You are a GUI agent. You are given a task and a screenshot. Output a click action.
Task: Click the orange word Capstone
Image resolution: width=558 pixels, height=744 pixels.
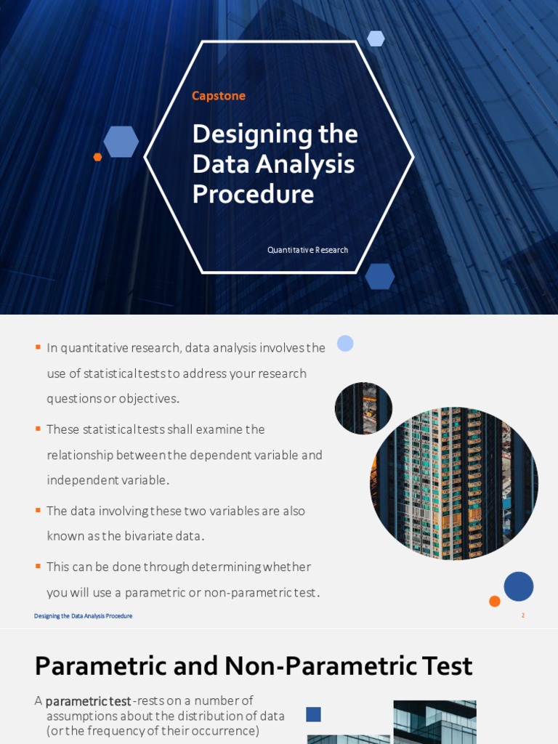click(x=218, y=96)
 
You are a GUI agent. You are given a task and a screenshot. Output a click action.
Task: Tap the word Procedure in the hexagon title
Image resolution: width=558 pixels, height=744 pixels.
click(x=253, y=194)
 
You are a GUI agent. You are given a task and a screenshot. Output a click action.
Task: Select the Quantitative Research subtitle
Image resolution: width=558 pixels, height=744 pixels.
click(x=307, y=250)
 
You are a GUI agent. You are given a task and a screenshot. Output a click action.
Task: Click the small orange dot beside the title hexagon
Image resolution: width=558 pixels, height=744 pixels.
click(x=97, y=157)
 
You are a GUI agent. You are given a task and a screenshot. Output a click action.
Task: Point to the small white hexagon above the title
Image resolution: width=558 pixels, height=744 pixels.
click(x=376, y=39)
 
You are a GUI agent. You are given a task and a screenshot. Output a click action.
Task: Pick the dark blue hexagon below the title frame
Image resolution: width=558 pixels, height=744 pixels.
click(x=379, y=276)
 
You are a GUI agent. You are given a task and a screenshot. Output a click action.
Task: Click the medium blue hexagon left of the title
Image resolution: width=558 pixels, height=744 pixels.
click(x=121, y=142)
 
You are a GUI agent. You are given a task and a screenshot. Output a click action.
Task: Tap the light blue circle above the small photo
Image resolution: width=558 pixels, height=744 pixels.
click(x=345, y=343)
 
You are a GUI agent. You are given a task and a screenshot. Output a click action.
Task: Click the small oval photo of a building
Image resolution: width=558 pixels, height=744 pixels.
click(x=363, y=408)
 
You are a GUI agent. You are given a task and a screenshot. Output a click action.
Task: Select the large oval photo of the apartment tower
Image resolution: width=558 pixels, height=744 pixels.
click(x=453, y=483)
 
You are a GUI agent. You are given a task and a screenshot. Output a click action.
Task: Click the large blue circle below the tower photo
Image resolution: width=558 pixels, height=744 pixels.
click(x=518, y=586)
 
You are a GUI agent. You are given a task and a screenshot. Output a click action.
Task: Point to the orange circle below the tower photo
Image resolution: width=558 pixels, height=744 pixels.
click(x=495, y=601)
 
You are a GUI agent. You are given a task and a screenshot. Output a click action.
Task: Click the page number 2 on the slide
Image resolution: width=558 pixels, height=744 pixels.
click(x=522, y=615)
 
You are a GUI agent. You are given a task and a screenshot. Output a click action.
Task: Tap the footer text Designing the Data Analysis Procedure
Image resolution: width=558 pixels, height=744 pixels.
click(x=83, y=616)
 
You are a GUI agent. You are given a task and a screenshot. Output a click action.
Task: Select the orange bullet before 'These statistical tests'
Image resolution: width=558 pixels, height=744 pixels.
click(x=38, y=429)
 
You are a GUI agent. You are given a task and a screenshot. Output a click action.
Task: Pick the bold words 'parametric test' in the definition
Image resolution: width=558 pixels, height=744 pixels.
click(x=88, y=701)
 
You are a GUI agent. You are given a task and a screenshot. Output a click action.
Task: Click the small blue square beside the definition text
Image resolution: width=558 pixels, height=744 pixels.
click(x=313, y=714)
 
